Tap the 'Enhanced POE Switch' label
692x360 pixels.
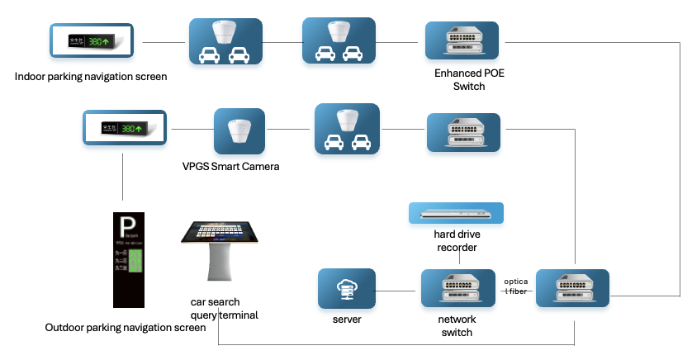point(469,80)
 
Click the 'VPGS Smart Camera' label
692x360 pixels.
point(231,167)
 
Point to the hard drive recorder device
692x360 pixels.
point(455,213)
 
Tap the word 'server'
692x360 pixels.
point(346,319)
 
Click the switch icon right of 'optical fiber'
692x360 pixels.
point(573,288)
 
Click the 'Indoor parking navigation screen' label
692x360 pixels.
point(91,77)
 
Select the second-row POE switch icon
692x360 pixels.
point(464,132)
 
